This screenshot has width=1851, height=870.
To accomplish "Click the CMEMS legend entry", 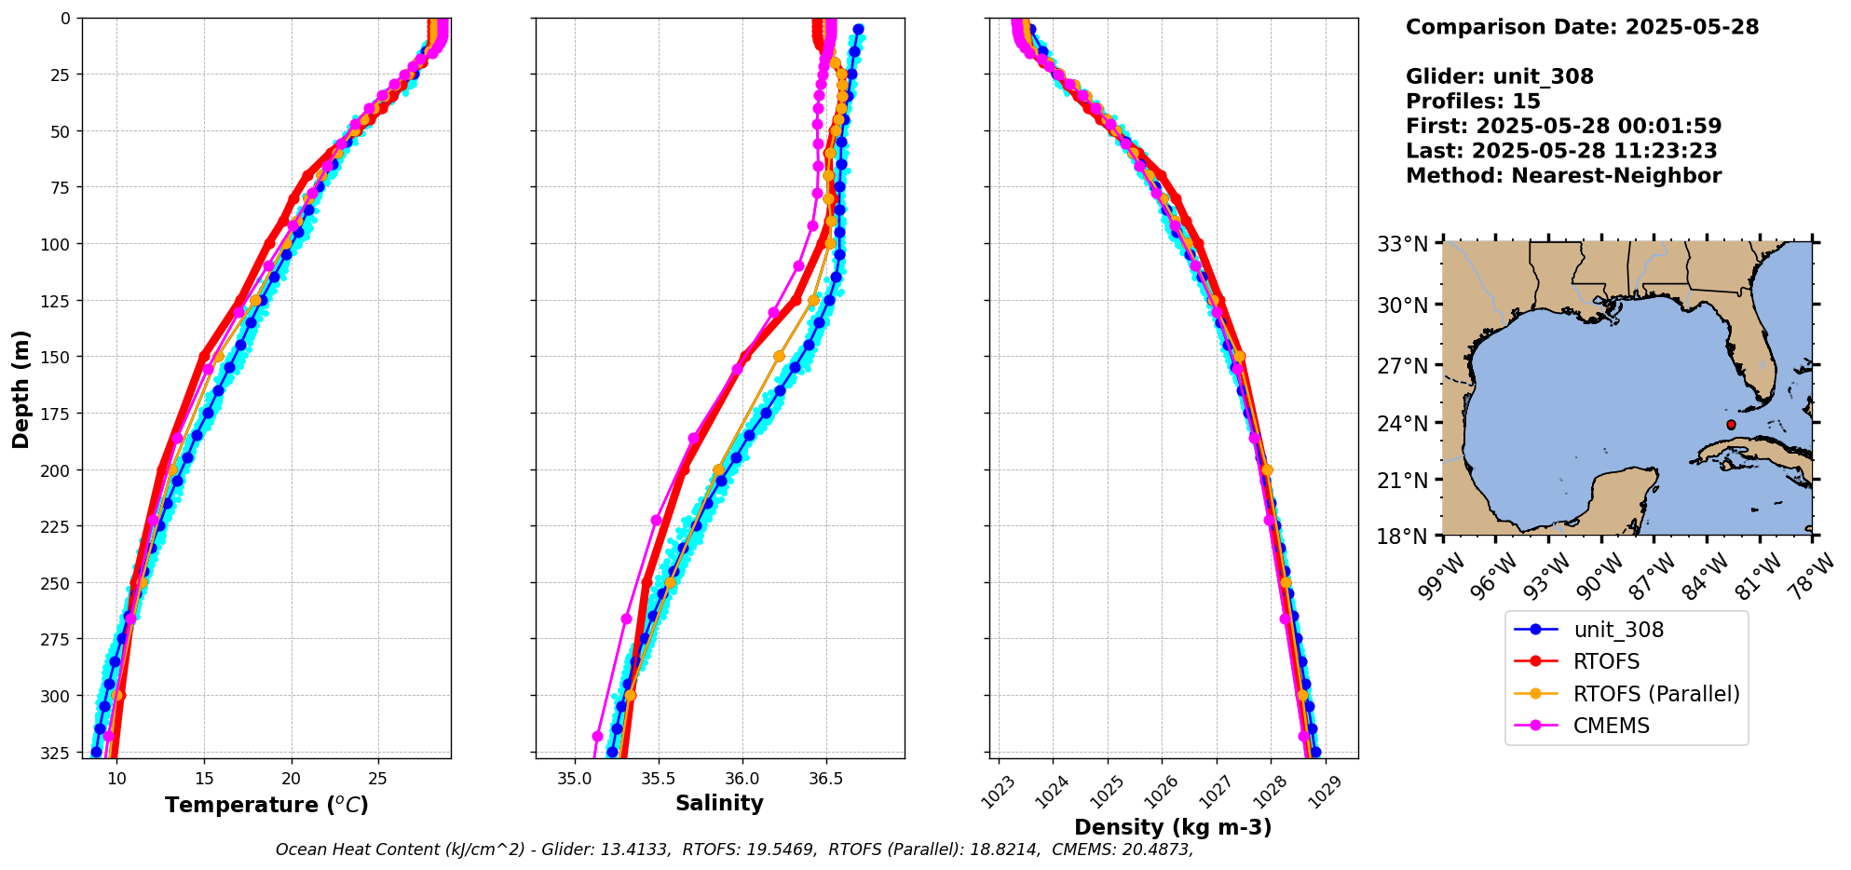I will tap(1611, 726).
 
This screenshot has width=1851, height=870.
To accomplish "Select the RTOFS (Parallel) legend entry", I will tap(1655, 694).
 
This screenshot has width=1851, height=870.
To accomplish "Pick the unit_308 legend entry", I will tap(1618, 630).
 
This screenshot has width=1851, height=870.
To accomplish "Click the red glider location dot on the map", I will tap(1731, 425).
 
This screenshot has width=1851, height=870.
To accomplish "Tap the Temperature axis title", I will tap(266, 805).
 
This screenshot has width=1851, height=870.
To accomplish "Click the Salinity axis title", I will tap(719, 803).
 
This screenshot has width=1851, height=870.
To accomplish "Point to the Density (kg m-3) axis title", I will tap(1173, 827).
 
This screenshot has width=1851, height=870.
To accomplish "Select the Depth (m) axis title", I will tap(20, 388).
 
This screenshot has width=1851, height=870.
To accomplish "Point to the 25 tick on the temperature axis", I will tap(377, 777).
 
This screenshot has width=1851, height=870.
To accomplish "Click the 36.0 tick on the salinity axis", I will tap(742, 777).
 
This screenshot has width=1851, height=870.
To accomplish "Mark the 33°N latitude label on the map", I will tap(1402, 245).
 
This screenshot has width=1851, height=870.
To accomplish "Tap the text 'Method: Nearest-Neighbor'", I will tap(1563, 176).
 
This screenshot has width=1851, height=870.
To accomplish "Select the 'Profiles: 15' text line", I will tap(1473, 102).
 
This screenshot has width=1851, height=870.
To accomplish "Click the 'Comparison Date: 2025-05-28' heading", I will tap(1582, 27).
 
